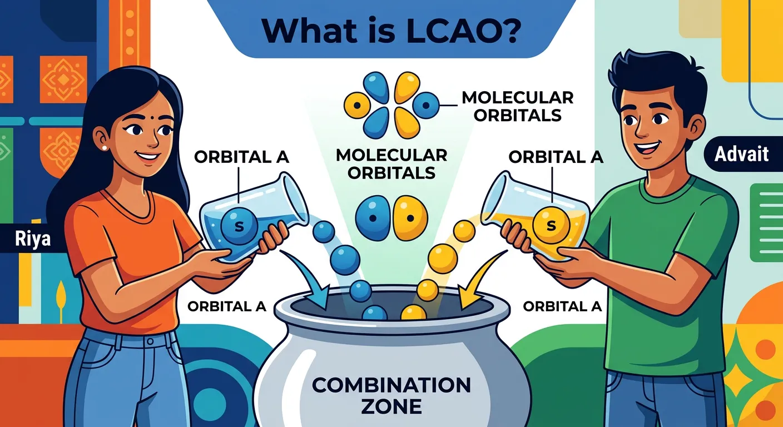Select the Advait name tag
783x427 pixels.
coord(741,154)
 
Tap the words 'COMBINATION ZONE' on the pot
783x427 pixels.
coord(391,395)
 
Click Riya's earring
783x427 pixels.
coord(104,148)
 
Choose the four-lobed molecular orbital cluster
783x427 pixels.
coord(391,105)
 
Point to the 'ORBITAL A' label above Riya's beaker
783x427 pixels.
coord(241,157)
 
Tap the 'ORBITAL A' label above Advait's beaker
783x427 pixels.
coord(556,157)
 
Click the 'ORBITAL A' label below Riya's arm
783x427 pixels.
coord(227,306)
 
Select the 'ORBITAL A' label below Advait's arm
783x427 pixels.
coord(563,306)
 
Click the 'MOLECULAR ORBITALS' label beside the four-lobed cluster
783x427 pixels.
coord(517,106)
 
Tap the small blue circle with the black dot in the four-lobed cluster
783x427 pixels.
coord(427,103)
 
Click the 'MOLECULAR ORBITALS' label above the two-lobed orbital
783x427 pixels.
coord(391,163)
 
